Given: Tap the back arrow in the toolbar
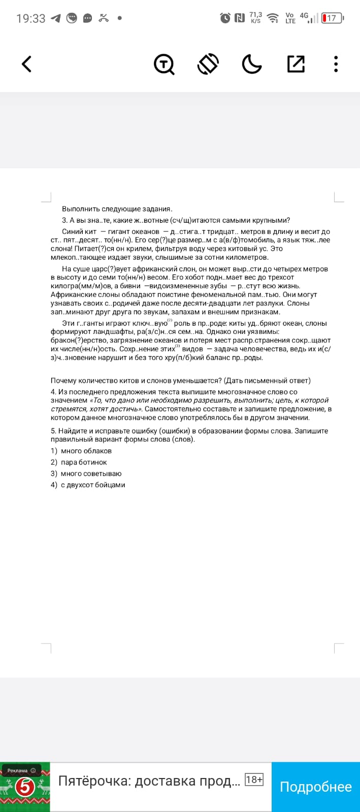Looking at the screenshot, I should tap(27, 64).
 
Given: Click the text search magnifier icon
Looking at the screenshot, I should tap(164, 64).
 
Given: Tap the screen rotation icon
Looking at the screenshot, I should tap(208, 64).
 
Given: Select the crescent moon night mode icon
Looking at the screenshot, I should tap(251, 64).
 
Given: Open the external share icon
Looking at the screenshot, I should tap(296, 64).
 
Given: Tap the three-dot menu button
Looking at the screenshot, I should tap(336, 64).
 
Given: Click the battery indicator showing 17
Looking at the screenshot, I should tap(332, 18).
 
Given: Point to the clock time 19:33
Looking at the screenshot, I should tap(30, 19).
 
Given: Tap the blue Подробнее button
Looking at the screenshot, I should tap(315, 787).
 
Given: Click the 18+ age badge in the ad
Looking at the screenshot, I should tap(254, 780).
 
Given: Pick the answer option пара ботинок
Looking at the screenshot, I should tap(84, 462).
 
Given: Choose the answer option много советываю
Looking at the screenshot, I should tap(91, 473).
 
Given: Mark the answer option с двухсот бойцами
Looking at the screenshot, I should tap(92, 485).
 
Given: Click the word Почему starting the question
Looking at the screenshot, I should tap(63, 381).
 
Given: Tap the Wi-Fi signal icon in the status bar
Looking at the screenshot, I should tap(273, 18).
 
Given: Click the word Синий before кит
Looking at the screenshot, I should tap(73, 231).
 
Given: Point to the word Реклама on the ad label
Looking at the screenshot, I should tap(17, 770).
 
